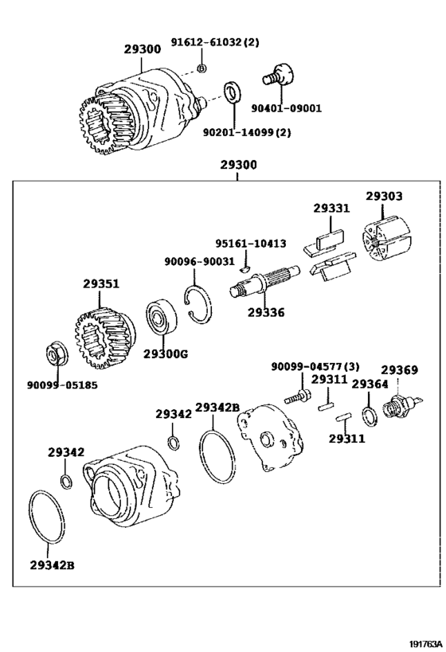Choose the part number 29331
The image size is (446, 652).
[331, 208]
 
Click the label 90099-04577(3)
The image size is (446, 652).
[315, 366]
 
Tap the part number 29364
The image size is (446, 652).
[370, 385]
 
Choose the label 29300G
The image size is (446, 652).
[166, 353]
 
